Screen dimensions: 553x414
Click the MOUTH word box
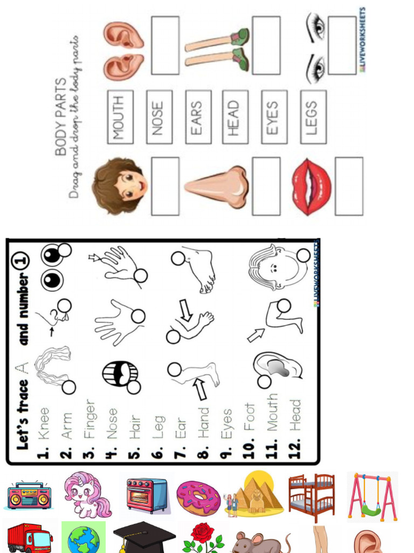pos(120,117)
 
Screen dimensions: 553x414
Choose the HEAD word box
pos(235,117)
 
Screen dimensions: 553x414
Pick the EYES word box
pos(274,117)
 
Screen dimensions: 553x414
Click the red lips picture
pos(311,186)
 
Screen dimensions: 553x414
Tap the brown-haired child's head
pos(120,186)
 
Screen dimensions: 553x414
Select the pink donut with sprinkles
pos(198,497)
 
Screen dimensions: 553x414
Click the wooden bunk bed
pos(311,497)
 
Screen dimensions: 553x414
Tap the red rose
pos(203,537)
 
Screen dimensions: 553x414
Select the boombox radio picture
pos(30,496)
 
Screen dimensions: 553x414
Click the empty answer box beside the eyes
pos(342,45)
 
